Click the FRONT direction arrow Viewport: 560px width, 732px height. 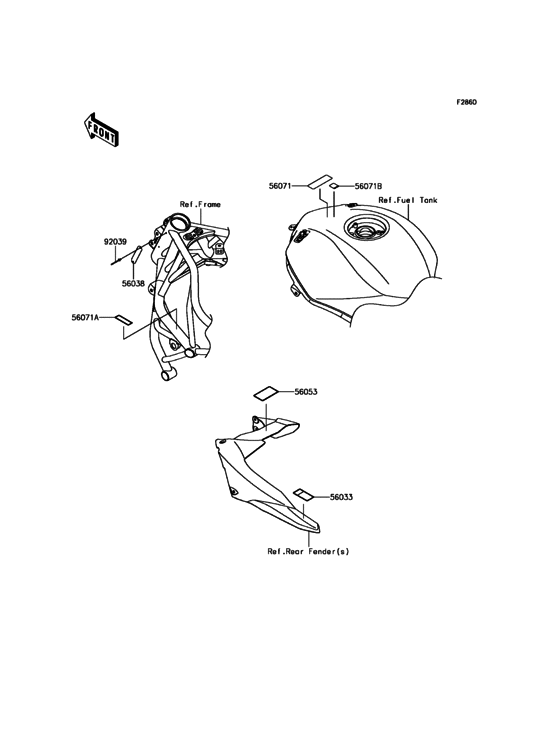point(101,130)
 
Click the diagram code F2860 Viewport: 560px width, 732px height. point(466,102)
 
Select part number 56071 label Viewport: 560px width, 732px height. point(280,186)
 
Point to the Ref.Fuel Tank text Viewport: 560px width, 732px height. point(408,200)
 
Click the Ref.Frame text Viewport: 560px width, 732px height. point(200,204)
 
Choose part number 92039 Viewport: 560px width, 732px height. point(115,242)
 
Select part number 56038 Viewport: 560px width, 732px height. point(133,283)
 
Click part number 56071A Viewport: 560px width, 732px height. point(85,317)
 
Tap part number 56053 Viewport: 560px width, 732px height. point(306,392)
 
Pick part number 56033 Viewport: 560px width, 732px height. point(341,497)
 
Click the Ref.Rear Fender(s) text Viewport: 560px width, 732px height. point(308,551)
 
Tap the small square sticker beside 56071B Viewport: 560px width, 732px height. point(334,186)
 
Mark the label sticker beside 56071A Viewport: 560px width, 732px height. point(124,319)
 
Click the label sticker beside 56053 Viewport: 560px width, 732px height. point(266,393)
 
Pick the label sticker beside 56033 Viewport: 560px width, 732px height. point(303,494)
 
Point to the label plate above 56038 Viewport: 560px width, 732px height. point(136,255)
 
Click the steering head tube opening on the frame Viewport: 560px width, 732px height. point(177,221)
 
